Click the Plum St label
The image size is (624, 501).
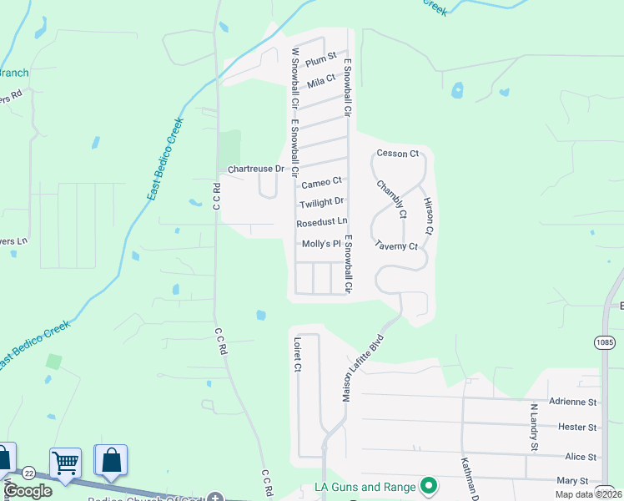[x=320, y=58]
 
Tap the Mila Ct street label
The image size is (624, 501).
[x=320, y=81]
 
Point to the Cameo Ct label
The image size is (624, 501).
[x=321, y=182]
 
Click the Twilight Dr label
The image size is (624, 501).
[x=321, y=202]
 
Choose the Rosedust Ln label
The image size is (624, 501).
[x=321, y=222]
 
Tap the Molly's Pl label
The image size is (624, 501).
[x=321, y=244]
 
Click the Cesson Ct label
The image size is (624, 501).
[x=397, y=154]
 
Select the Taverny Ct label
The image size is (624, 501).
[x=395, y=246]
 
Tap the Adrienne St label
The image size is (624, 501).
[x=576, y=402]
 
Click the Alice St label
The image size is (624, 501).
[x=581, y=457]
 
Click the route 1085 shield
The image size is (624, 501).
[x=605, y=342]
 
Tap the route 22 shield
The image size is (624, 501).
[x=28, y=473]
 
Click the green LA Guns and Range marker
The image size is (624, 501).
[x=429, y=484]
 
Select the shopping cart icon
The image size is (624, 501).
[x=65, y=461]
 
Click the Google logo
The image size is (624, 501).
[x=28, y=491]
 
